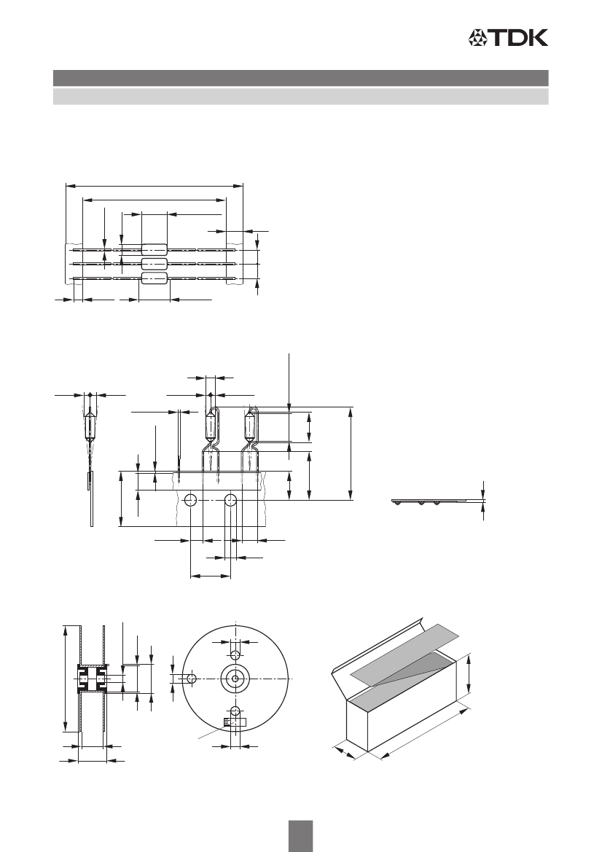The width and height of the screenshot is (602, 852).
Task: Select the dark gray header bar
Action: tap(300, 78)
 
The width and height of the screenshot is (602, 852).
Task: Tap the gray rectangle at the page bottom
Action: tap(300, 836)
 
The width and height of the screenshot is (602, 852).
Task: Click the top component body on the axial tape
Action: tap(155, 250)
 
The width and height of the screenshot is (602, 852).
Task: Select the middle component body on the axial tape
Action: tap(155, 264)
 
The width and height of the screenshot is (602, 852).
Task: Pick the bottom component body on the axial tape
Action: tap(155, 278)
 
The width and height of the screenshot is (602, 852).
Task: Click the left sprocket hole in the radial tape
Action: tap(191, 500)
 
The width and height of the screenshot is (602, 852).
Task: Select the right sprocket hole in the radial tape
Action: tap(231, 500)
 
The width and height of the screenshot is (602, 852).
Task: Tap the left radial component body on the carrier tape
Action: tap(211, 427)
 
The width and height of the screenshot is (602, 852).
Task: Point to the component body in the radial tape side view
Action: tap(90, 426)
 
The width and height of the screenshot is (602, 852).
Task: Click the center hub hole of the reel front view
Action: tap(235, 678)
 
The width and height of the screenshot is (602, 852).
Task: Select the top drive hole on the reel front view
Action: tap(235, 653)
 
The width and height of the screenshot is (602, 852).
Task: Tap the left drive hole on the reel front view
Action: tap(191, 678)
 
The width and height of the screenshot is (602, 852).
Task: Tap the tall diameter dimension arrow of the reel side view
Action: tap(66, 679)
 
